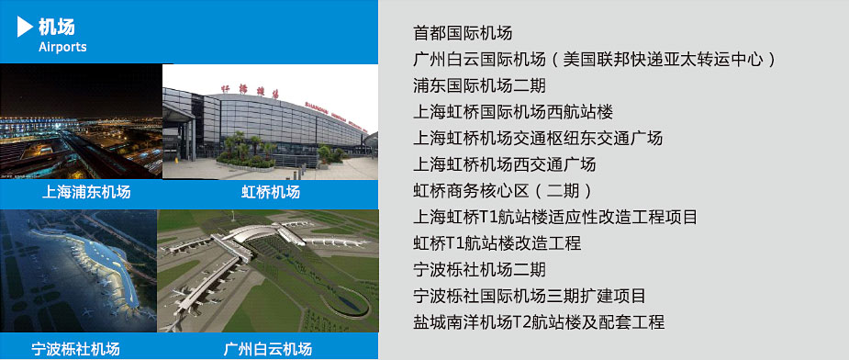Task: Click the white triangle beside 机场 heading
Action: tap(24, 27)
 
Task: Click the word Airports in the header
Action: tap(62, 47)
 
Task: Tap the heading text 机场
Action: tap(57, 26)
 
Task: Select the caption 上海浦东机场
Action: tap(86, 192)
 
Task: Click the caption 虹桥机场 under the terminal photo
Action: tap(270, 192)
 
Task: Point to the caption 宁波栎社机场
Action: tap(76, 349)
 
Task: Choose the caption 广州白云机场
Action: tap(267, 349)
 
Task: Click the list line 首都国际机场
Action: tap(463, 33)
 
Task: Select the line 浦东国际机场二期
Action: tap(479, 85)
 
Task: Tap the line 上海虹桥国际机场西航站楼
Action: tap(513, 112)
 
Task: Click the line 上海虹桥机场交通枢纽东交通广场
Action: tap(538, 139)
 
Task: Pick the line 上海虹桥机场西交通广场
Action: tap(505, 164)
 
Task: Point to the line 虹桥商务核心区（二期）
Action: tap(503, 191)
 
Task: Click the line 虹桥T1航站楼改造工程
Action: tap(497, 243)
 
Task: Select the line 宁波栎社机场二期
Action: tap(479, 269)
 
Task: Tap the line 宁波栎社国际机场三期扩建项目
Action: tap(530, 296)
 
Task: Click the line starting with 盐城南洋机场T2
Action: tap(539, 322)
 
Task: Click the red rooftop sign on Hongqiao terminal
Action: tap(250, 91)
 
